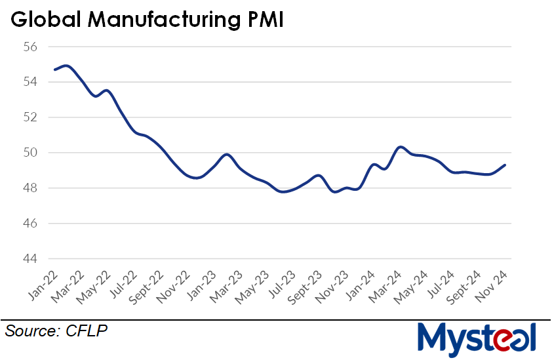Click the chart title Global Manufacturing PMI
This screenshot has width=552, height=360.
[x=147, y=20]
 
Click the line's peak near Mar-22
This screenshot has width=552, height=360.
[x=66, y=66]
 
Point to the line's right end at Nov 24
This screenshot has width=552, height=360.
[x=505, y=165]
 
